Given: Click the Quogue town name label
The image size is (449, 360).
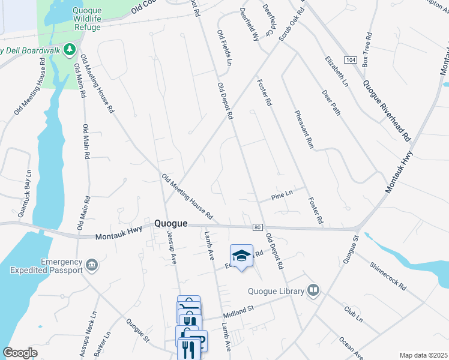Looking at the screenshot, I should (x=171, y=223).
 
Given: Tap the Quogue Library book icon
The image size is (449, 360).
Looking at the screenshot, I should (x=313, y=291).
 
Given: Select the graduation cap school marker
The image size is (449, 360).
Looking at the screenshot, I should (x=241, y=256).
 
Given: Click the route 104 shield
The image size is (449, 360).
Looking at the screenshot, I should (x=350, y=60).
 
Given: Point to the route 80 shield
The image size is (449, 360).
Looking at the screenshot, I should (x=258, y=227).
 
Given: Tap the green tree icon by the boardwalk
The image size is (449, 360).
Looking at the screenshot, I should (x=70, y=48).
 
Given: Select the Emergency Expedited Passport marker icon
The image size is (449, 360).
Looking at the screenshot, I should (x=91, y=265).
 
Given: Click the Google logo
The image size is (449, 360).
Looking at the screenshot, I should (x=20, y=353).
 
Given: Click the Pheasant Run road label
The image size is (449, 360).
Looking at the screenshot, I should (x=304, y=129).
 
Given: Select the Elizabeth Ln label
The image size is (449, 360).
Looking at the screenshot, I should (x=336, y=72).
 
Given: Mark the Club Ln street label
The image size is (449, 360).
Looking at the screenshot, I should (x=353, y=314).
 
